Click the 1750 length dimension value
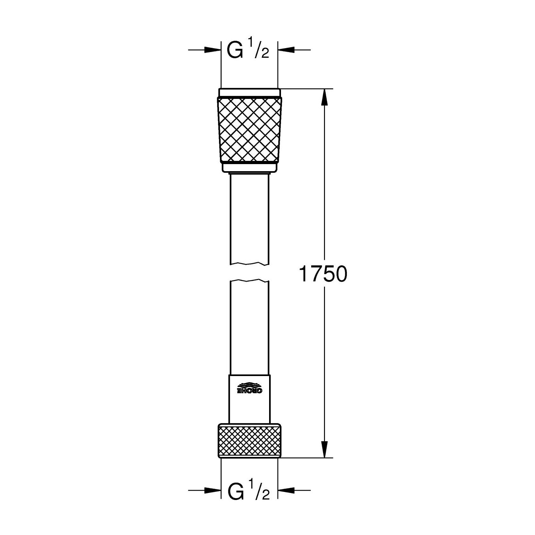[323, 274]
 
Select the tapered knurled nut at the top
[250, 130]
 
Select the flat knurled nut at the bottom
[250, 440]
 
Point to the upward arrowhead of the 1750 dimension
[325, 96]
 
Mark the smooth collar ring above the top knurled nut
[250, 92]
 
